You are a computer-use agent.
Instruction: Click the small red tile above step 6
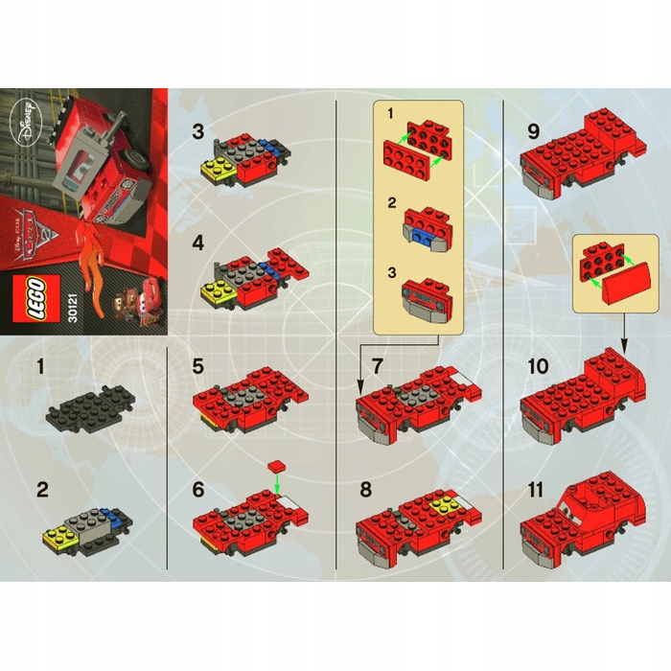click(x=278, y=465)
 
